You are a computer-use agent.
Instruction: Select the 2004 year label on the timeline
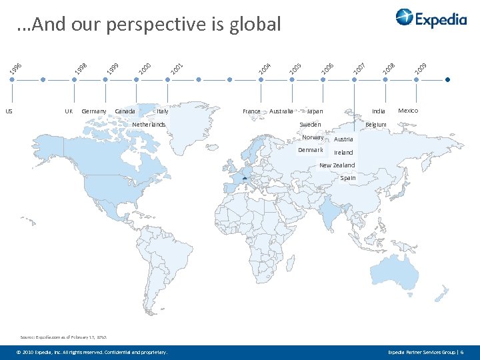coord(265,67)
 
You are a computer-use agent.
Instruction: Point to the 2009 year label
coord(421,67)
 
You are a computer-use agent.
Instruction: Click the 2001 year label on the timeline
coord(176,67)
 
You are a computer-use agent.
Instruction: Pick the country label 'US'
coord(9,111)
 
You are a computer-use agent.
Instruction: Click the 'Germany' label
coord(94,111)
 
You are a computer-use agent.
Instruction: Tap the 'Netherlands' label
coord(149,125)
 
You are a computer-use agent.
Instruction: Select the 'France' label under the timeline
coord(251,111)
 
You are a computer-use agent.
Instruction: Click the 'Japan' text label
coord(315,111)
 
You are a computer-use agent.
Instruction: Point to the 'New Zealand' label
coord(337,165)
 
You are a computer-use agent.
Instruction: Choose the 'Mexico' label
coord(408,111)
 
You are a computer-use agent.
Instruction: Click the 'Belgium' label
coord(375,125)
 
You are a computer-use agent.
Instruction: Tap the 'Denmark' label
coord(310,150)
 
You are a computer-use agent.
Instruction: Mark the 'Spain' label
coord(348,178)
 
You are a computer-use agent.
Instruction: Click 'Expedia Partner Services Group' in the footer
coord(422,351)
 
